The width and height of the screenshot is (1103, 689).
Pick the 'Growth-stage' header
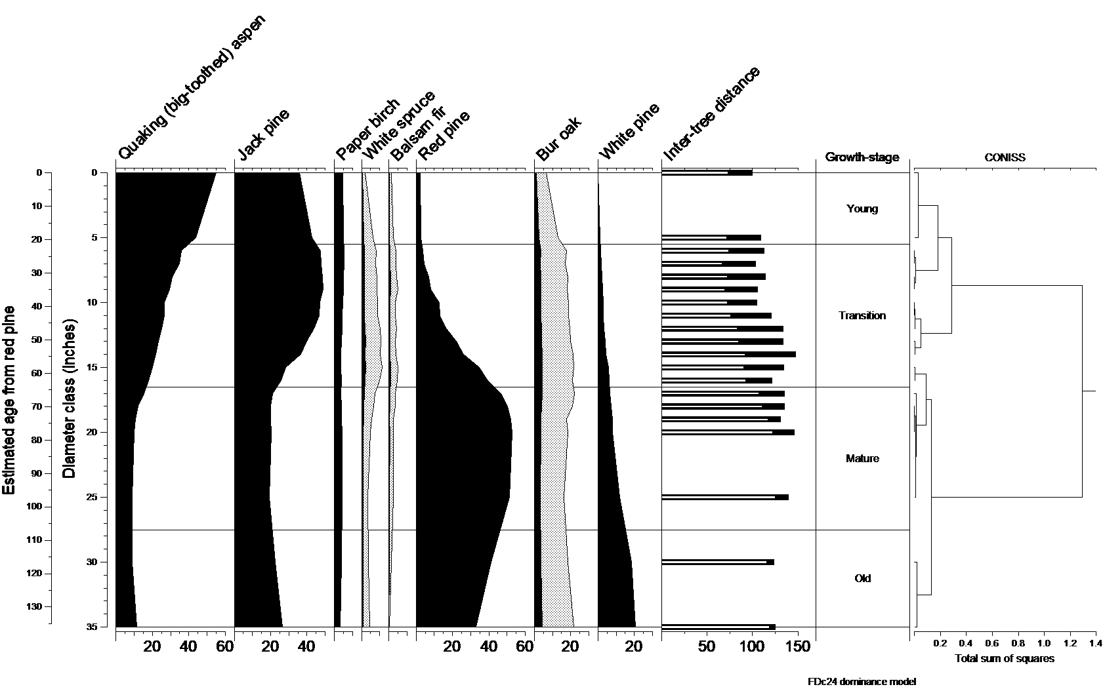[x=862, y=157]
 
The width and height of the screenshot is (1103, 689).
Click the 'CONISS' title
[x=1005, y=157]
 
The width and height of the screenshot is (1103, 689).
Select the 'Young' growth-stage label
[x=862, y=209]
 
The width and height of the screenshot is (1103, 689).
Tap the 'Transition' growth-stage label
[x=862, y=316]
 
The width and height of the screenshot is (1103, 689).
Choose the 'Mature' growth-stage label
[x=862, y=459]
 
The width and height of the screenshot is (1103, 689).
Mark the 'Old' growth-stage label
[x=862, y=579]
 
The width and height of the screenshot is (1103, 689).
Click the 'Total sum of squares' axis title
[x=1004, y=659]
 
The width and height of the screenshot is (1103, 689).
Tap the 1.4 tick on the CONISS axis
[x=1095, y=645]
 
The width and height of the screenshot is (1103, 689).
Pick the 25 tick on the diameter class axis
[x=93, y=498]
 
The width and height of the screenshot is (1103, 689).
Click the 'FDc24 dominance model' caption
[x=861, y=681]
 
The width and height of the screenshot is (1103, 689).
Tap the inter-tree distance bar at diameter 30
[x=718, y=562]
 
